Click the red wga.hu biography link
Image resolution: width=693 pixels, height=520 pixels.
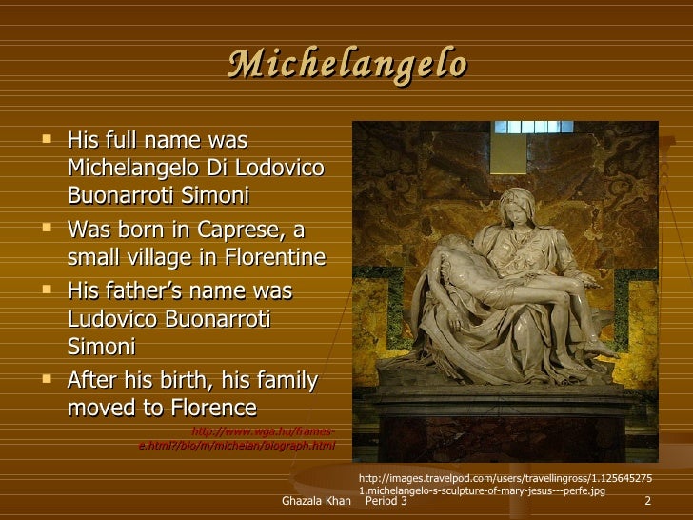(238, 437)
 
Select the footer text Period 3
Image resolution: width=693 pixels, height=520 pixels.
(386, 502)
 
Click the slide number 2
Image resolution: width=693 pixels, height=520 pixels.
(647, 502)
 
